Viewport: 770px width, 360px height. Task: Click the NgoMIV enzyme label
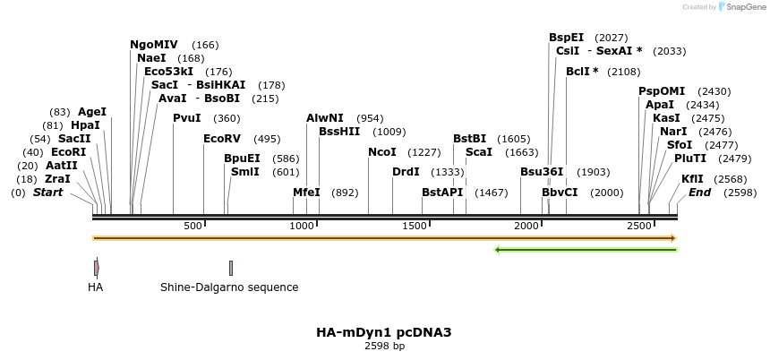(x=154, y=45)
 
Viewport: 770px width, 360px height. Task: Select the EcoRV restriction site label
(x=223, y=139)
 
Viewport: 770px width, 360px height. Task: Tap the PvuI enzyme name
(x=187, y=118)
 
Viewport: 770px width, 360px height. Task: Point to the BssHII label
(x=339, y=132)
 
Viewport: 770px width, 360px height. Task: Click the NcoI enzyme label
(x=381, y=152)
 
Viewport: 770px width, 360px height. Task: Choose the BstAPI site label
(x=441, y=193)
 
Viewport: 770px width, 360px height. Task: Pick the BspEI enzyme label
(x=566, y=38)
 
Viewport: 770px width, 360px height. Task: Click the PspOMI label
(x=662, y=91)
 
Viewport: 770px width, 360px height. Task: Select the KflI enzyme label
(x=692, y=179)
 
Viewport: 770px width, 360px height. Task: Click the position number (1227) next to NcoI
(x=424, y=152)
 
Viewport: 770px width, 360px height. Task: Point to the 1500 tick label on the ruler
(x=415, y=226)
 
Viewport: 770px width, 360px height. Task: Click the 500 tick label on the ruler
(x=193, y=226)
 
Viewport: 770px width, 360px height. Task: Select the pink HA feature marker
(x=96, y=268)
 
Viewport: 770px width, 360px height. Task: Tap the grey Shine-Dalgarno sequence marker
(x=230, y=268)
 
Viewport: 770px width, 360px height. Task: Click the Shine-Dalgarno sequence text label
(x=229, y=287)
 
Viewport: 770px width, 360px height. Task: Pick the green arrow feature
(x=586, y=250)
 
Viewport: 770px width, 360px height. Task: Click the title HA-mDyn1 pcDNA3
(x=384, y=332)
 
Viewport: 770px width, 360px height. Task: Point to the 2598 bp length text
(x=384, y=346)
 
